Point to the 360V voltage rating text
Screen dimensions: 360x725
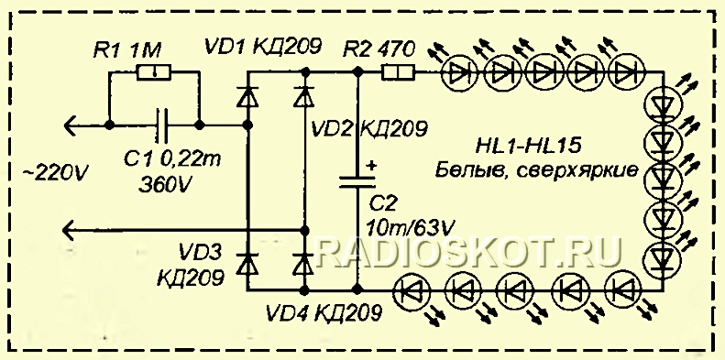click(164, 185)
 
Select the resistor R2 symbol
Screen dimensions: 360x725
click(399, 71)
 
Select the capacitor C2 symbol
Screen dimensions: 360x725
click(357, 183)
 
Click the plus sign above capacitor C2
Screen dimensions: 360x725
click(371, 167)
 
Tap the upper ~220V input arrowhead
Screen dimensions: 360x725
click(67, 124)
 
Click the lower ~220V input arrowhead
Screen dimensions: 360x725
click(67, 230)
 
